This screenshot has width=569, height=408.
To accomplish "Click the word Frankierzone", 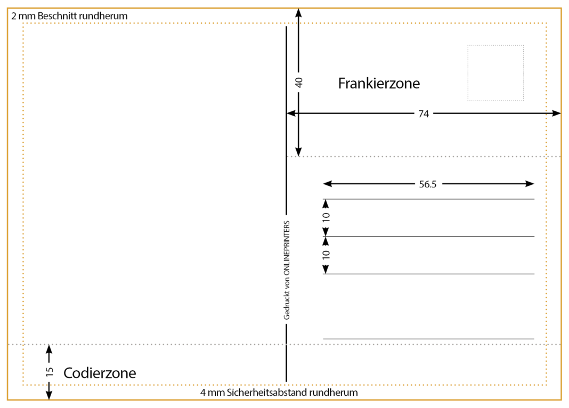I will point(379,84).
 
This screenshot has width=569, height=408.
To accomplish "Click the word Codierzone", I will point(100,373).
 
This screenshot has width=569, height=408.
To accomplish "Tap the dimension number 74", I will point(424,113).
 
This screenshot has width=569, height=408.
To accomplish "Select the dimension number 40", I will point(299,82).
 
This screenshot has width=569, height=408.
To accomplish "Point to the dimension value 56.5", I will point(428,184).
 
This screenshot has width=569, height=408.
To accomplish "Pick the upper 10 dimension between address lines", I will point(326,217).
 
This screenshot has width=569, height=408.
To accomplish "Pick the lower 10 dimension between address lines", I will point(326,254).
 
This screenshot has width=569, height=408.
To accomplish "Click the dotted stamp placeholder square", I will point(495,73).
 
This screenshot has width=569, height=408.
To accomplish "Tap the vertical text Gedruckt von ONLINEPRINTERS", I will point(287,270).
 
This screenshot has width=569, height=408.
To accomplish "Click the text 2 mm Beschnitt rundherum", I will point(69,16).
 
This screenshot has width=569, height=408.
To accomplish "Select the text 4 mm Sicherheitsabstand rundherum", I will point(279,393).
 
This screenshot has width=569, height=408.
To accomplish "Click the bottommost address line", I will point(428,339).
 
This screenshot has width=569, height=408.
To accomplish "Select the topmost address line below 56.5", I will point(428,199).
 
